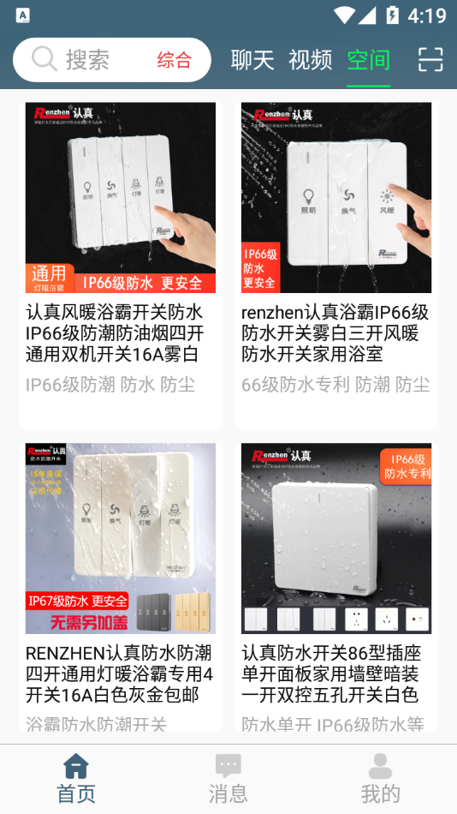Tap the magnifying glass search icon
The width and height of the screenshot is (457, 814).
pos(45,59)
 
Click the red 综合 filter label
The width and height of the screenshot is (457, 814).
pos(174,60)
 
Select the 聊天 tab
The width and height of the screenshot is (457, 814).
pos(252,60)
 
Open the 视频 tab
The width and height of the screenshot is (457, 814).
pos(310,60)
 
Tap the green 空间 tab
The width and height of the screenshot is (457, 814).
pos(368,60)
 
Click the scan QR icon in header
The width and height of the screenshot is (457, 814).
pos(430,59)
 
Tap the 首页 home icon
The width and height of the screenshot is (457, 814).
pos(76,766)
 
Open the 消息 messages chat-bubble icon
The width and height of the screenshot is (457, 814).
pos(228,766)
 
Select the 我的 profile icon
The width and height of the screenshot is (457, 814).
pos(380,766)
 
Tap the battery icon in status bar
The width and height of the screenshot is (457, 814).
pos(392,15)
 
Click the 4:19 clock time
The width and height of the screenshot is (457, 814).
pos(426,15)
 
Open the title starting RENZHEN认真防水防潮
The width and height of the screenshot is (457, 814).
pos(119,673)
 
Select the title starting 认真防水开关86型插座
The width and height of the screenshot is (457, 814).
pos(331,673)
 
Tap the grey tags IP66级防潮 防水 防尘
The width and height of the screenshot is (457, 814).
pos(110,385)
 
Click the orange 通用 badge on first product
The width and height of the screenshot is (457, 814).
pos(49,273)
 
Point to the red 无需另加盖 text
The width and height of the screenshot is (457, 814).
pos(78,621)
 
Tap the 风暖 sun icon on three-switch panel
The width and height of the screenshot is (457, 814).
pos(388,196)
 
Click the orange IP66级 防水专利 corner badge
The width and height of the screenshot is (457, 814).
pos(407,466)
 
